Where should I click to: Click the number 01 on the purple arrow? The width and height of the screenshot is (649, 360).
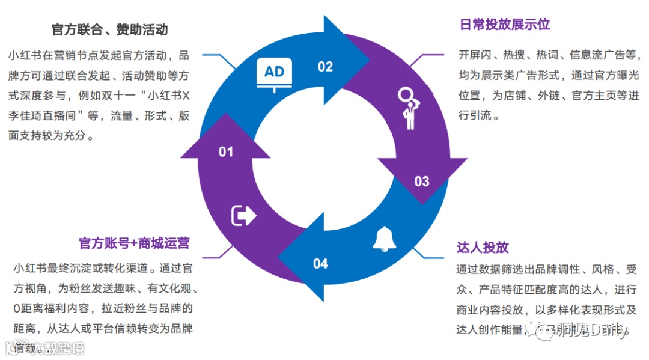(225, 152)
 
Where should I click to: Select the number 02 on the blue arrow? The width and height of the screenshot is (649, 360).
(325, 66)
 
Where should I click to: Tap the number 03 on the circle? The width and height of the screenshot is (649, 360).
(422, 181)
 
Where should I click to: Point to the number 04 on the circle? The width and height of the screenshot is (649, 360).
(321, 263)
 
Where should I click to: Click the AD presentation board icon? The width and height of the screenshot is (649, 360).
(275, 75)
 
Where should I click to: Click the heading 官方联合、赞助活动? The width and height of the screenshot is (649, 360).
(110, 29)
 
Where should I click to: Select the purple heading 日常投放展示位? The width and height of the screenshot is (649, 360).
(505, 25)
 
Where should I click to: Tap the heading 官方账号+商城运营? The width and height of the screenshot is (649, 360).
(135, 243)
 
